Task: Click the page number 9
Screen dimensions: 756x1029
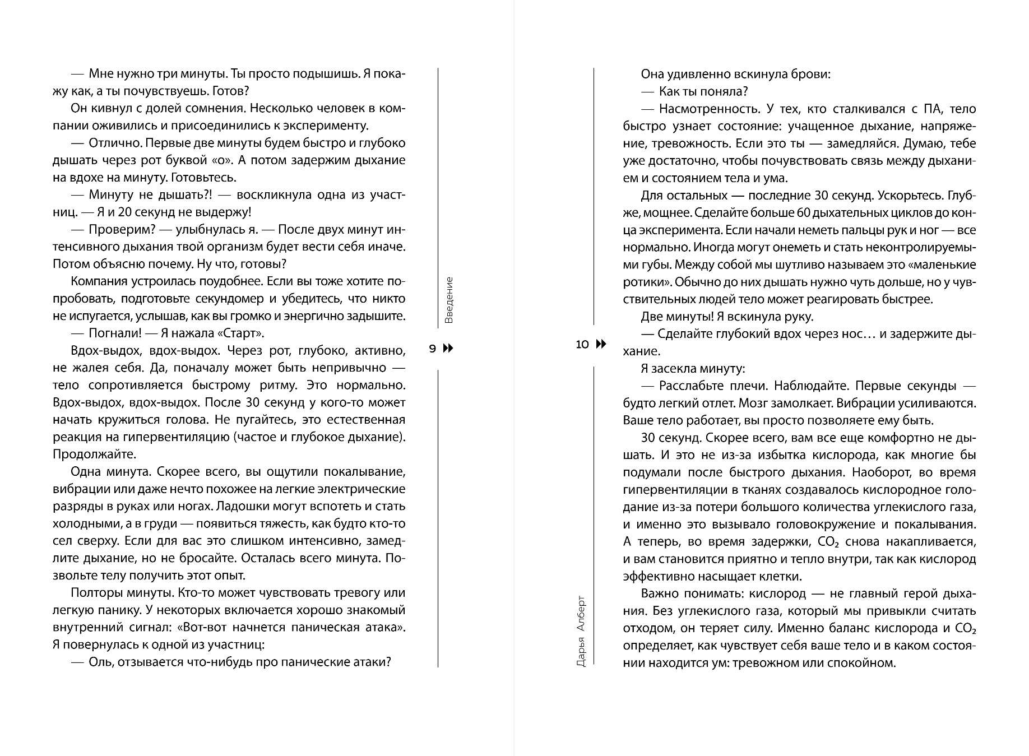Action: point(432,349)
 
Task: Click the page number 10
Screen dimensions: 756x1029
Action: point(582,344)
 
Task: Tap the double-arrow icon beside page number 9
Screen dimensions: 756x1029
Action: point(448,349)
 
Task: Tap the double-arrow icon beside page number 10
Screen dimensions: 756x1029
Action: point(600,344)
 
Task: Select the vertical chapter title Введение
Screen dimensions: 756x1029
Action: point(449,300)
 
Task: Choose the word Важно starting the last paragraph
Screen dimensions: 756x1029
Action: point(659,593)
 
